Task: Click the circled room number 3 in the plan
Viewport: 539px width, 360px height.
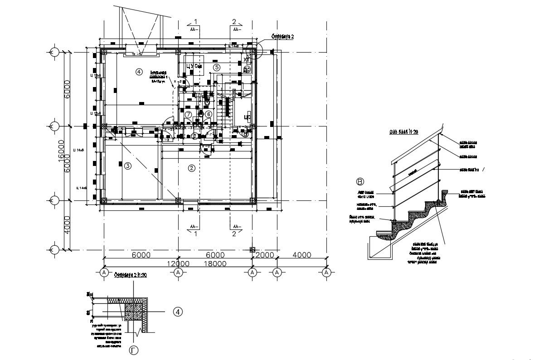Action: point(128,166)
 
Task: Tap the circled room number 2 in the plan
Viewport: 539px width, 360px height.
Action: point(192,168)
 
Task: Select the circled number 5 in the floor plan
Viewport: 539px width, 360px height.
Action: point(217,67)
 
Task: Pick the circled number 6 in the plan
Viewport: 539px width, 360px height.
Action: point(209,114)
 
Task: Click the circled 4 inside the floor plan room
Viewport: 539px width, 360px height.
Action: point(139,71)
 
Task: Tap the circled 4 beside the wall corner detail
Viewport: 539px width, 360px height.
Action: point(178,312)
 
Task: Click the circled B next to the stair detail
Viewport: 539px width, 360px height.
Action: point(360,182)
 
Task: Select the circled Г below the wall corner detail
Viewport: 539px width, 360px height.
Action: point(134,350)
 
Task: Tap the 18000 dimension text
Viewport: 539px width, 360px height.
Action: point(215,263)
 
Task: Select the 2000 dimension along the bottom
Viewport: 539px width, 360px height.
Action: point(265,255)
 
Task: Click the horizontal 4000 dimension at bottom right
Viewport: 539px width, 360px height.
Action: point(302,255)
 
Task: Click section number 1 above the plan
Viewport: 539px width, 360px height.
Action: point(195,21)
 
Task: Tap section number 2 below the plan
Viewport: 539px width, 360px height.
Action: point(234,234)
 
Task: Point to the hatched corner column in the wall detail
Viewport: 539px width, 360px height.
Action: point(134,312)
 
